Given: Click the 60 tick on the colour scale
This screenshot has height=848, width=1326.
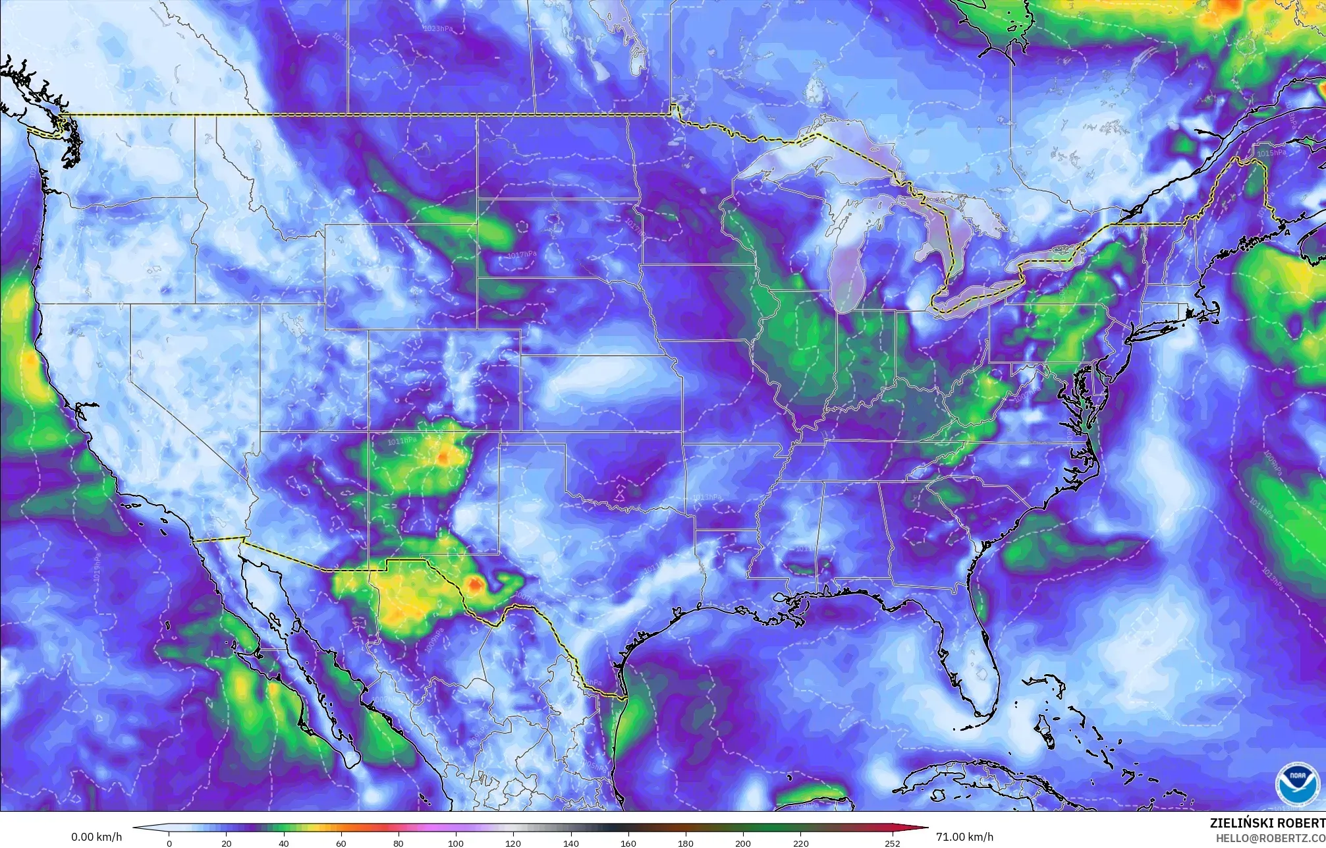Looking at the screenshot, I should [341, 843].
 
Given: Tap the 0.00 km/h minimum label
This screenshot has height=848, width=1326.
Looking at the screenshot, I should [96, 837].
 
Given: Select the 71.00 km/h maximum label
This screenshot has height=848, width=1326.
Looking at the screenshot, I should [964, 837].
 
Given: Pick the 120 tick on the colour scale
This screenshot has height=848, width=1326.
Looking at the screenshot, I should [513, 843].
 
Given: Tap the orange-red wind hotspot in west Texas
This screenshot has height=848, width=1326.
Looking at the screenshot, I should [474, 584].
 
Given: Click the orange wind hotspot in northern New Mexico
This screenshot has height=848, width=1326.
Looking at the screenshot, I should [443, 455].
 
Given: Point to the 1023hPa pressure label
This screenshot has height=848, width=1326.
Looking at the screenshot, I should [442, 29].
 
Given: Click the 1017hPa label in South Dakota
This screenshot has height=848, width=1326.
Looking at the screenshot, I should [522, 254].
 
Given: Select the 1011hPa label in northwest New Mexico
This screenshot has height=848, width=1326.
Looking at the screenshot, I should [402, 441].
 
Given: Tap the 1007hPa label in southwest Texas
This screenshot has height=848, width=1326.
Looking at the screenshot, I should [525, 596].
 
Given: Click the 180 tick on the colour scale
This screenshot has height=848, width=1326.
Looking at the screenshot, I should [686, 843].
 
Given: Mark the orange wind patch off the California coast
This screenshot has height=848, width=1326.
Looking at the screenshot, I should [29, 360].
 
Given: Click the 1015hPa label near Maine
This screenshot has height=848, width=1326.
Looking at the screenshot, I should [1271, 153].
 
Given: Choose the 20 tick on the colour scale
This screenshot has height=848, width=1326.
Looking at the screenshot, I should [226, 843].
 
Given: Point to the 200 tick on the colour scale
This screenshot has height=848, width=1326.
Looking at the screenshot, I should [743, 843].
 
